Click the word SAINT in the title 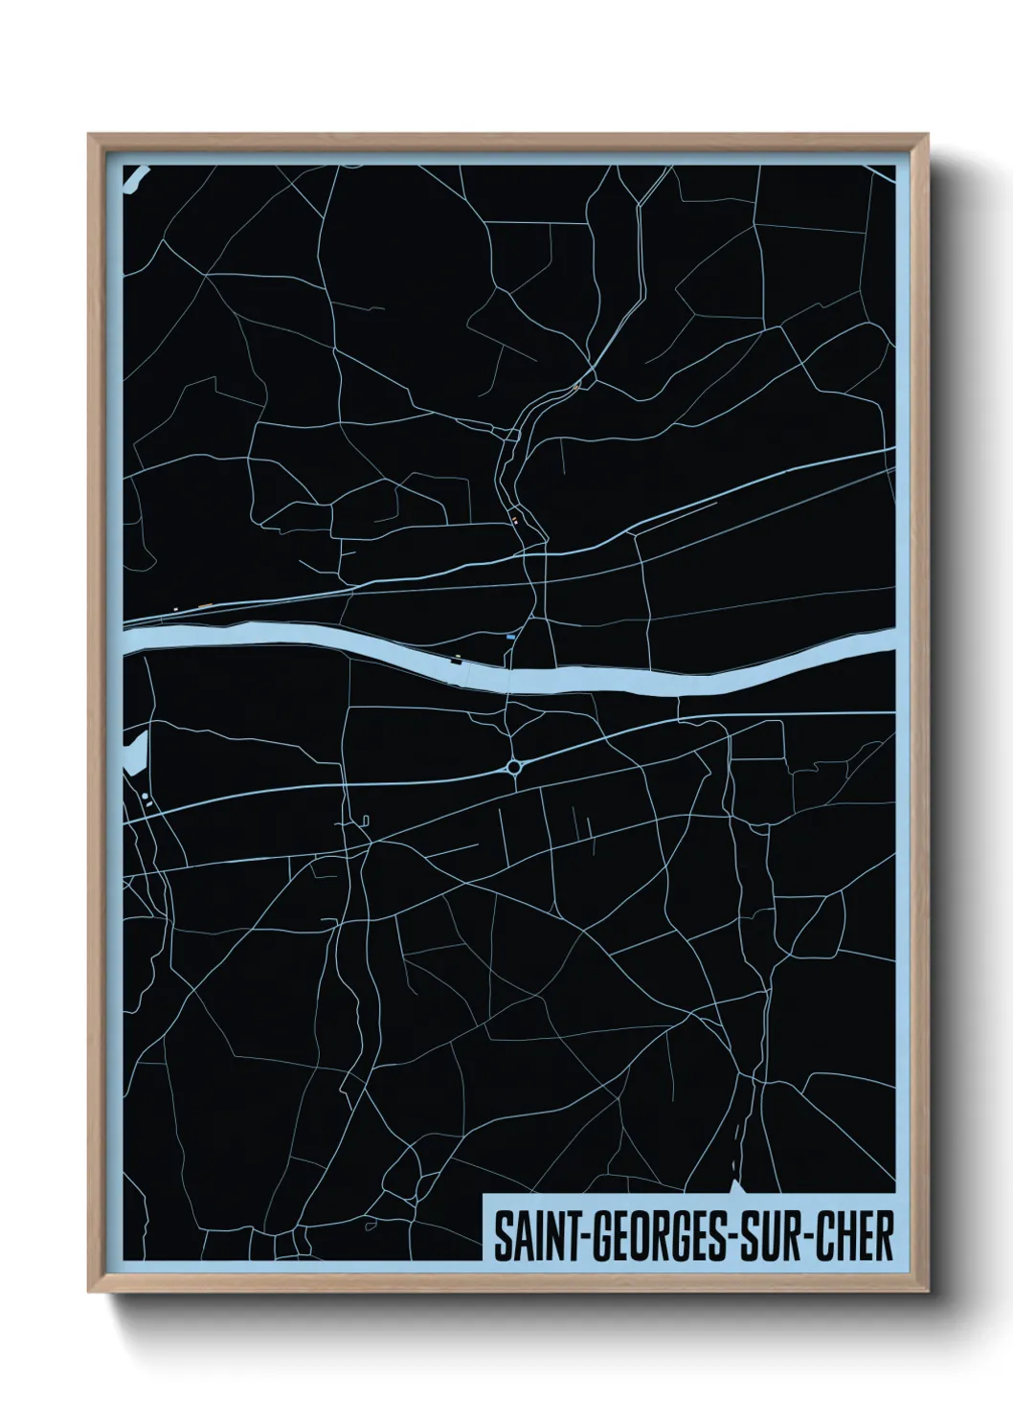529,1236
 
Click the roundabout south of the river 515,767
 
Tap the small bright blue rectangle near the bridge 511,636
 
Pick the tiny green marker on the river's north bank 458,656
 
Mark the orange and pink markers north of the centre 515,521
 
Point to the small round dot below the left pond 145,796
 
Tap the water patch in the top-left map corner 133,177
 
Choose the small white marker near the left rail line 174,607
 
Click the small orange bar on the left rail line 205,604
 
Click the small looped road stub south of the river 366,819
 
